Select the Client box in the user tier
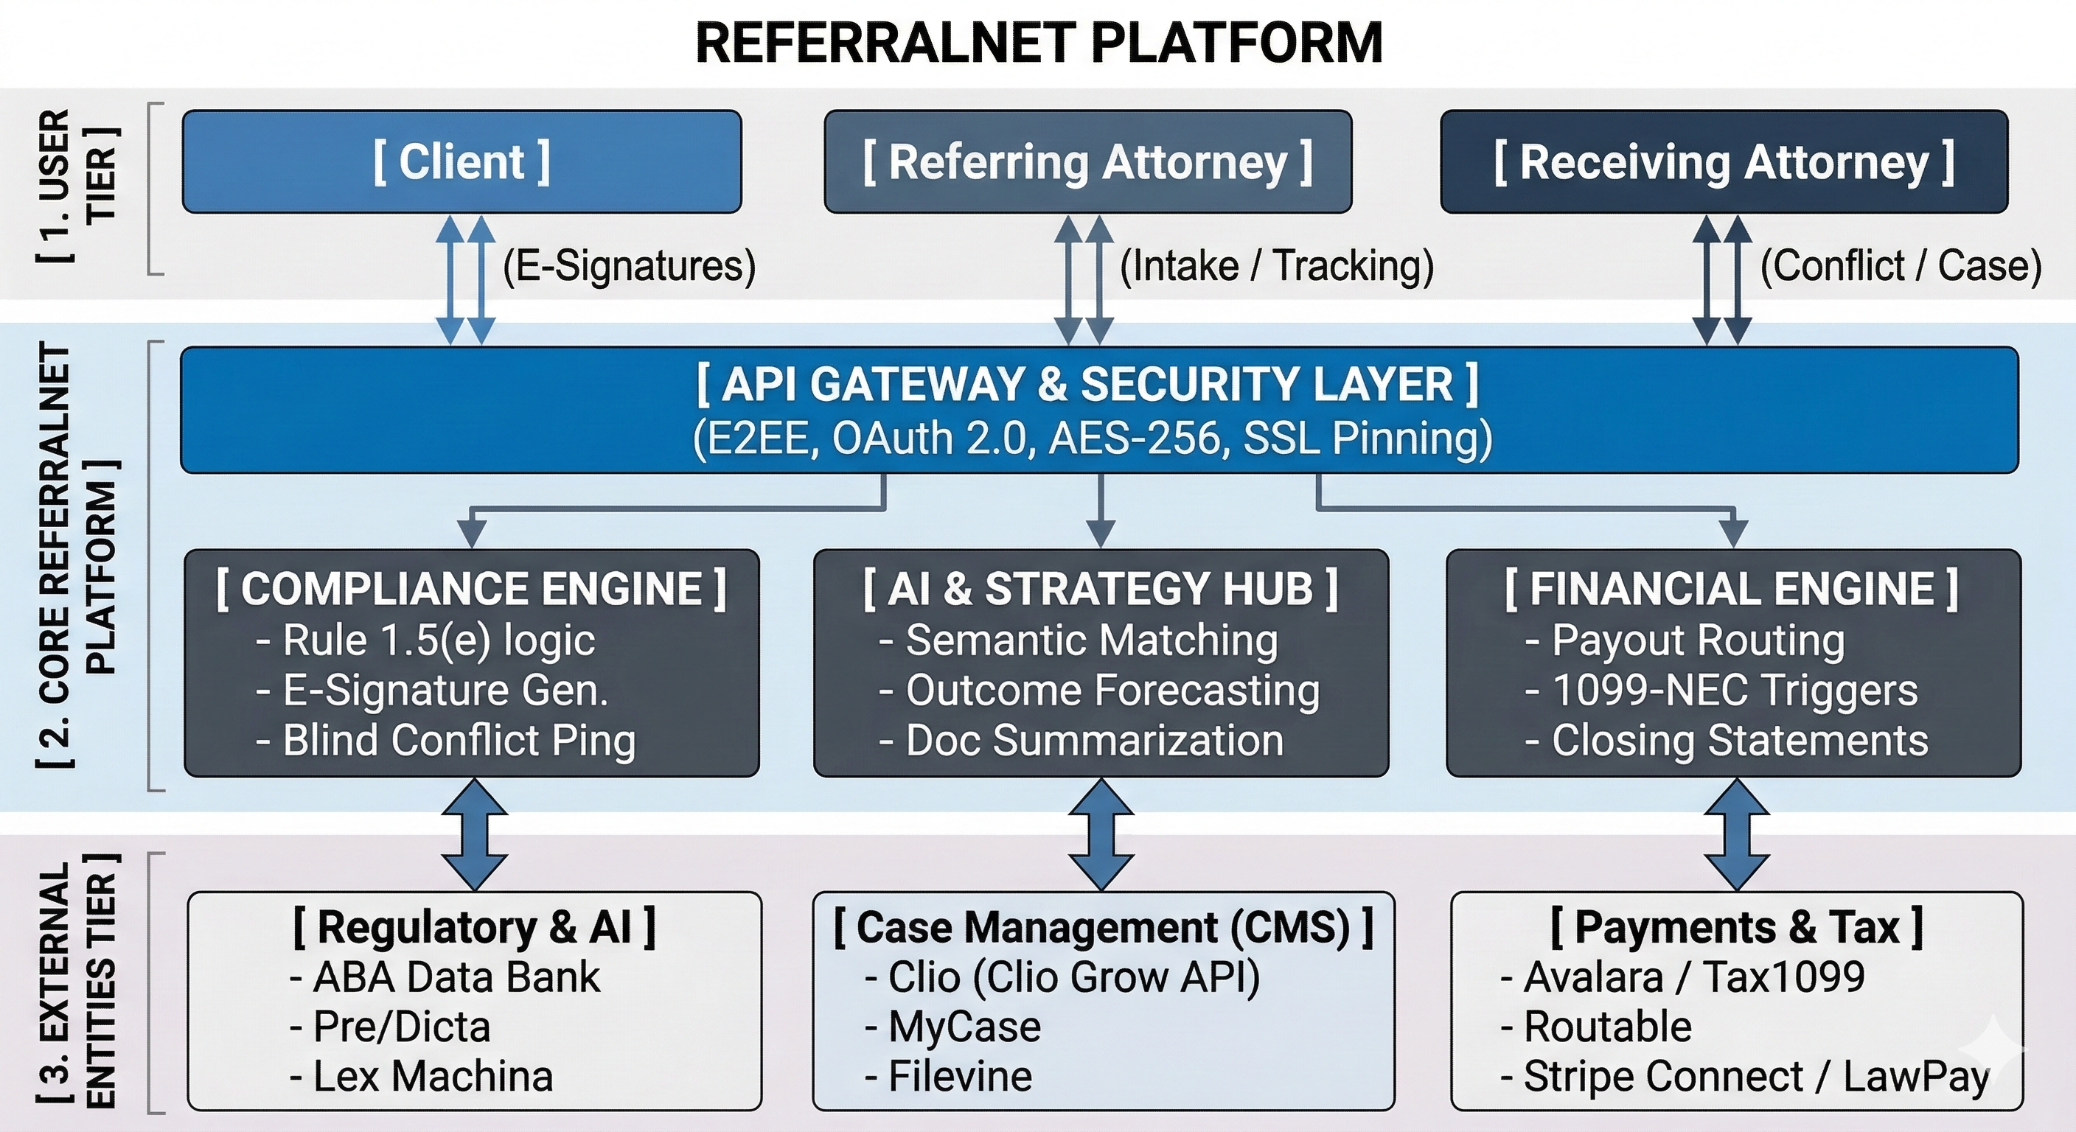[x=461, y=162]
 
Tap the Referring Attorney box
[x=1087, y=162]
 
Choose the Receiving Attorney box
[x=1723, y=162]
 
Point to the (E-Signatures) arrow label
[x=630, y=267]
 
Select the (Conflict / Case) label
[x=1901, y=267]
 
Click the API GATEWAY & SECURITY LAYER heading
[x=1087, y=384]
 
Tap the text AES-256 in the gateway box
[x=1140, y=439]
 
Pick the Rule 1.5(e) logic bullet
[x=425, y=641]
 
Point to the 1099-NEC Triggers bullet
[x=1721, y=691]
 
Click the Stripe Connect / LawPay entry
[x=1745, y=1077]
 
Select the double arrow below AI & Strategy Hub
[x=1101, y=834]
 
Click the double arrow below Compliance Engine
[x=474, y=834]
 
